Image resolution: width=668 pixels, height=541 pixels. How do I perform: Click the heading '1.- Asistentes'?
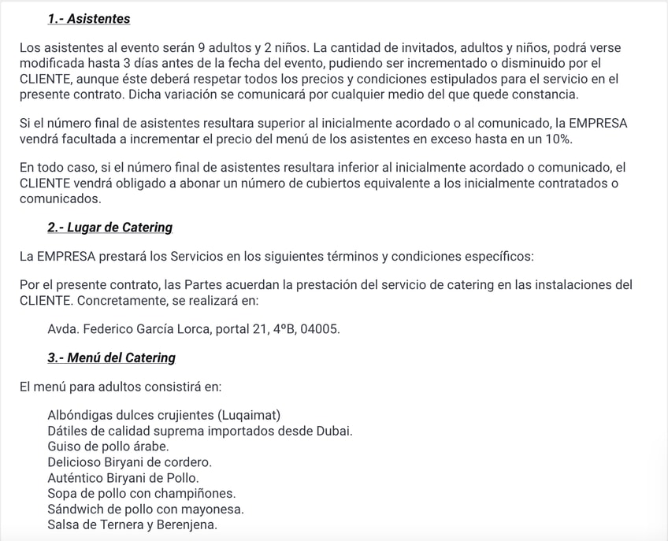click(89, 19)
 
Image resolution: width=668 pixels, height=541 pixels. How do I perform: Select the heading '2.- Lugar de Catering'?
click(109, 228)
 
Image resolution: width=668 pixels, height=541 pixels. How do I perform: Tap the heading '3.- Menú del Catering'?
click(111, 358)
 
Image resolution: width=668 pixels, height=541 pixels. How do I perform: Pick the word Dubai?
click(335, 431)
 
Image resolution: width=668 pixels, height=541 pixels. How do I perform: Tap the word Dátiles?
click(68, 431)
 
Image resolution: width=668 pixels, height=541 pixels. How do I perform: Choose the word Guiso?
click(65, 447)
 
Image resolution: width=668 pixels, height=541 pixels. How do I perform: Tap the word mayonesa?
click(215, 509)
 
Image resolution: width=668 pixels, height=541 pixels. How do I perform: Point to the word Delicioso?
click(73, 462)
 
